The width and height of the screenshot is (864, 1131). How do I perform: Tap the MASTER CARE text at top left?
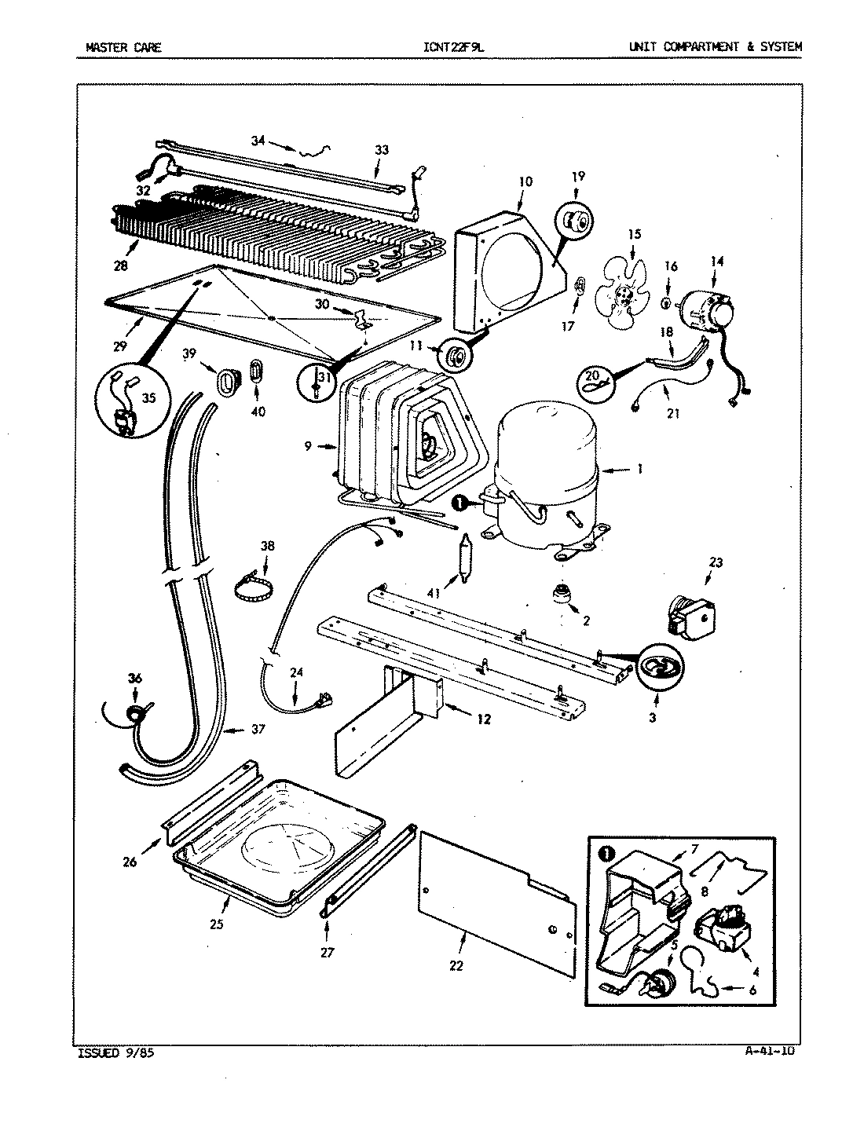pos(123,47)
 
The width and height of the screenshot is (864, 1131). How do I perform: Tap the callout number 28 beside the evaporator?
pos(119,266)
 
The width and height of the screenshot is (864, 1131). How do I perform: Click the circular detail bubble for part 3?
pos(659,666)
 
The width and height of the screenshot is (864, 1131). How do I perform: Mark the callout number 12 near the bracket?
pos(483,718)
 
